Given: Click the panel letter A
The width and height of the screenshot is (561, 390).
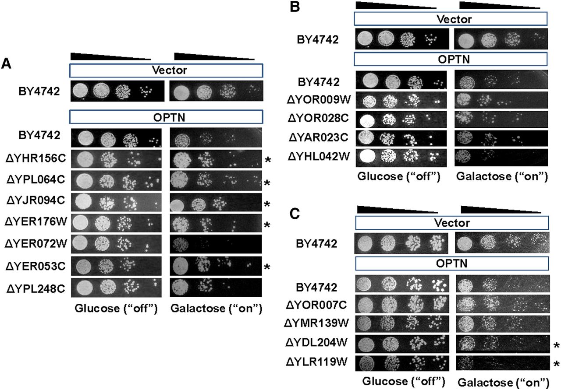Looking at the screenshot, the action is click(x=6, y=64).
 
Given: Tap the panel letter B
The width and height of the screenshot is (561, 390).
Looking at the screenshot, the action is click(x=295, y=7).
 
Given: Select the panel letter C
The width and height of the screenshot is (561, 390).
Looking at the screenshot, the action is click(x=295, y=214).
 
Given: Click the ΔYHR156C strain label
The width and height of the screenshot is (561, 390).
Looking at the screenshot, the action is click(x=36, y=158).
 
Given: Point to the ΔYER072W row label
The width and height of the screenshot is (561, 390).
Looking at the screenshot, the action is click(x=36, y=243).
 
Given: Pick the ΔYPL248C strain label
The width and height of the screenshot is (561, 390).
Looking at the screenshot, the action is click(x=36, y=289).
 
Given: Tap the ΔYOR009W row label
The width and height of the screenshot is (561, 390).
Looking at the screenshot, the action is click(x=319, y=99).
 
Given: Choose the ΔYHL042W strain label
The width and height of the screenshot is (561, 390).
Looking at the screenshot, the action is click(x=319, y=157).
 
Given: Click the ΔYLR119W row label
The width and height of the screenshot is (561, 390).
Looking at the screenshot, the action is click(x=316, y=362).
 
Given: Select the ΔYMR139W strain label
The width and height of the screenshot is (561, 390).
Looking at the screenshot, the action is click(x=316, y=323).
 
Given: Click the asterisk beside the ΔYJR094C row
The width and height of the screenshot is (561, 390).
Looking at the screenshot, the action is click(x=267, y=204).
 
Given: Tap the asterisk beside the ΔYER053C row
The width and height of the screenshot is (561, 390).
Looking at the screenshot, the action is click(x=267, y=267).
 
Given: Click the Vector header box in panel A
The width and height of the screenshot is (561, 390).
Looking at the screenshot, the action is click(x=166, y=70).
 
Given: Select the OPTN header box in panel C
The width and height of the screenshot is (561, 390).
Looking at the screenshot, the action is click(x=452, y=264).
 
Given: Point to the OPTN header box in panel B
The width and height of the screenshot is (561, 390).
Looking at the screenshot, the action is click(x=451, y=60).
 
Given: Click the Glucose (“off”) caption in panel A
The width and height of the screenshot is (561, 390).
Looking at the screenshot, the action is click(x=116, y=308).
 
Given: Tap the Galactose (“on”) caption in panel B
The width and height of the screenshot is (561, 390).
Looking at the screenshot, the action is click(x=502, y=176).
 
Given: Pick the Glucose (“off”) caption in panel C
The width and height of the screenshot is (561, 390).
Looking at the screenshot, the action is click(x=404, y=381).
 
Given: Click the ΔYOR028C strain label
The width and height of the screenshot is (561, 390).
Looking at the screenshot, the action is click(x=318, y=118).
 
